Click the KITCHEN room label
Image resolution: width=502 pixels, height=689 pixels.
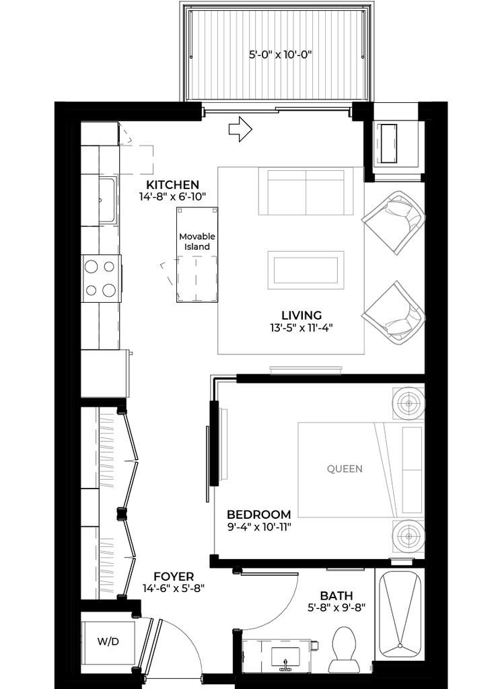pyautogui.click(x=172, y=184)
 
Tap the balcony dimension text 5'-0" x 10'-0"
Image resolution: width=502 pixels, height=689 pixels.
pyautogui.click(x=281, y=55)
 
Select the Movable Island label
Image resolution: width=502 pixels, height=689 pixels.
pyautogui.click(x=197, y=242)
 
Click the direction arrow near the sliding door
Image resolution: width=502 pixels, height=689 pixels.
pyautogui.click(x=240, y=129)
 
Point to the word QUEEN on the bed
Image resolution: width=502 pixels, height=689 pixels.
pyautogui.click(x=345, y=469)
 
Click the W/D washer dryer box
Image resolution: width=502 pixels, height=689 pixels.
pyautogui.click(x=108, y=641)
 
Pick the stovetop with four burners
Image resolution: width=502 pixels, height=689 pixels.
pyautogui.click(x=101, y=279)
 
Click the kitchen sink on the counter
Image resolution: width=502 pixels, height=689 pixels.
pyautogui.click(x=107, y=201)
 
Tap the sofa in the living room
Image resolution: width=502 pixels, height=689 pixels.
pyautogui.click(x=306, y=192)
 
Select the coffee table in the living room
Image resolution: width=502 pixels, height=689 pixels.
pyautogui.click(x=306, y=270)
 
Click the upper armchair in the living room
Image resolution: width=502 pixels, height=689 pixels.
pyautogui.click(x=394, y=222)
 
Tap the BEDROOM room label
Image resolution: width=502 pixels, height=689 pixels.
pyautogui.click(x=258, y=514)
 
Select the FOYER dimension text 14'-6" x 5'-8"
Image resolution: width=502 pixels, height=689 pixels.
pyautogui.click(x=174, y=588)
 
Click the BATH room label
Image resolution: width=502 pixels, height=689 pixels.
pyautogui.click(x=336, y=596)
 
